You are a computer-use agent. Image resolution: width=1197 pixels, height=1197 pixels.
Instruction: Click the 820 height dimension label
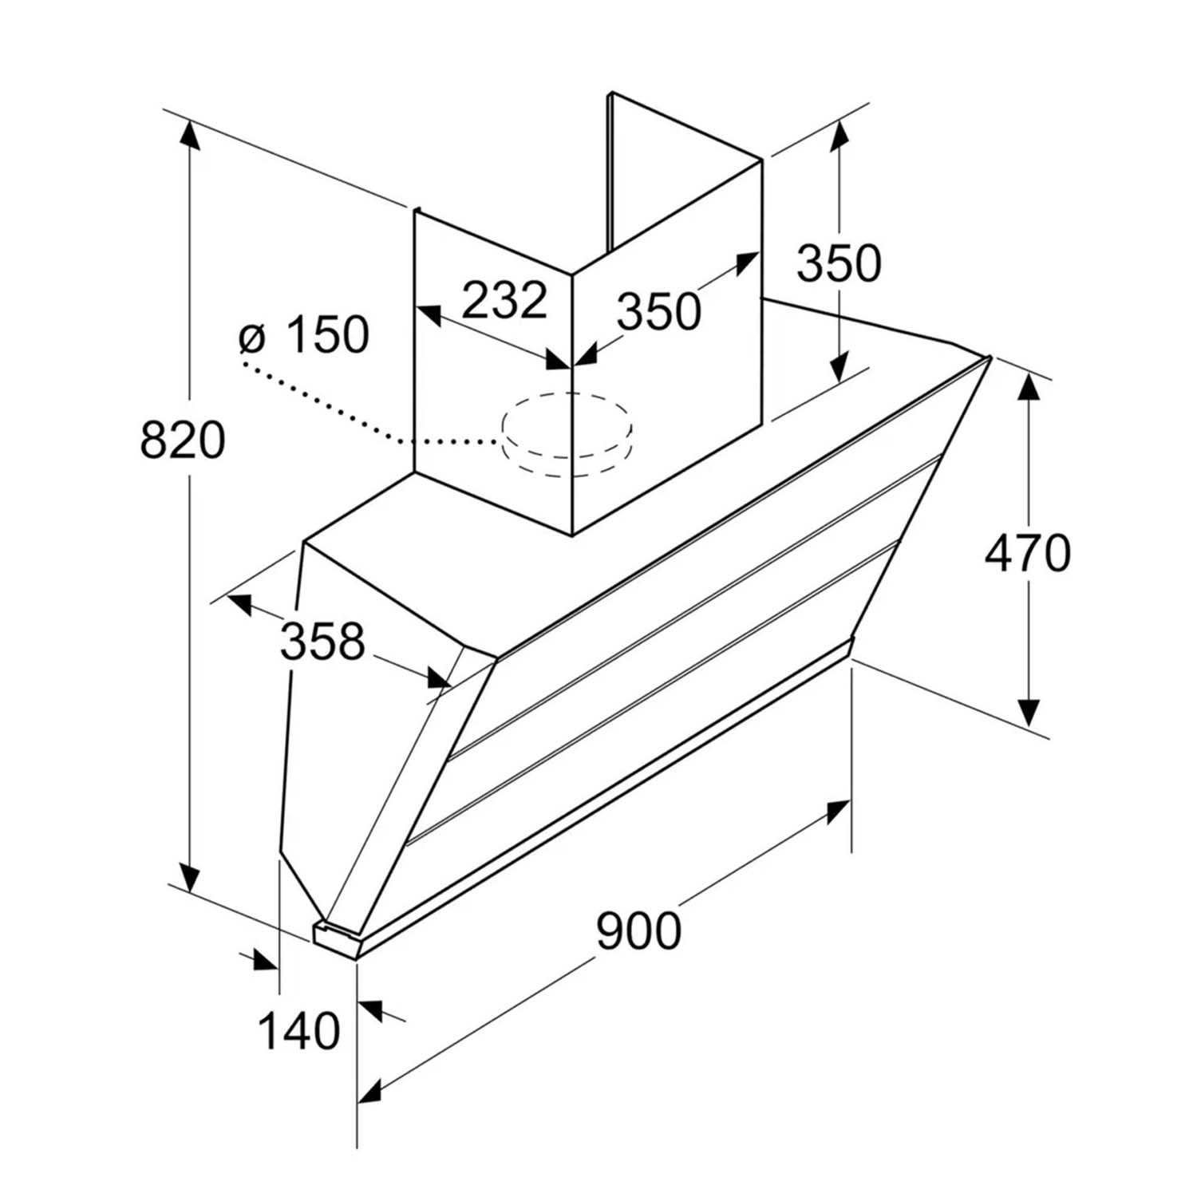click(x=183, y=440)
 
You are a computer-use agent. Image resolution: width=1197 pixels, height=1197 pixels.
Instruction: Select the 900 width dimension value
click(x=639, y=930)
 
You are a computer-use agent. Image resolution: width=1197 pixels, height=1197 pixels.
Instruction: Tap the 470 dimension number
click(x=1027, y=553)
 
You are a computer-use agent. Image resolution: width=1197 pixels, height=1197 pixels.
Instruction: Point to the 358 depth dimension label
click(x=322, y=640)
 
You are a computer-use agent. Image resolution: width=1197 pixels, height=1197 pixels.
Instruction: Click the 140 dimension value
click(x=298, y=1031)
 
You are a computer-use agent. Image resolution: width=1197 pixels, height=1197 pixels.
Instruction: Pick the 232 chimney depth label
click(x=505, y=300)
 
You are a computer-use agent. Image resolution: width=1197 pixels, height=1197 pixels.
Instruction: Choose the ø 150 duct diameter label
click(x=304, y=334)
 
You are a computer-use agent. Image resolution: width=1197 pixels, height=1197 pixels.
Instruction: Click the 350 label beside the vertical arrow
click(x=839, y=263)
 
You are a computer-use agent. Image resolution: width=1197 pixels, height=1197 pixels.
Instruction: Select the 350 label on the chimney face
click(x=659, y=311)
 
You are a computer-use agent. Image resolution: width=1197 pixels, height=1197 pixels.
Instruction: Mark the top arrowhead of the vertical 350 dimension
click(x=839, y=136)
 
